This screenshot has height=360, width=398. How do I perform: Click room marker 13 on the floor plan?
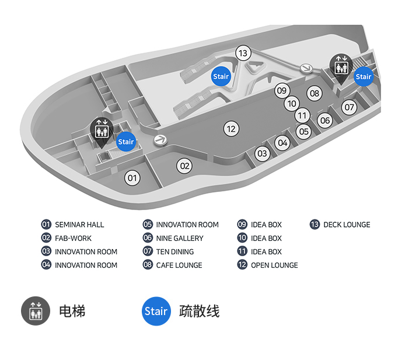pos(243,53)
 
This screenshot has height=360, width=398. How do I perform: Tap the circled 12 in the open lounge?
pos(231,129)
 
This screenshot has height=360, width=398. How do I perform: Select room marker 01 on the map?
pos(132,178)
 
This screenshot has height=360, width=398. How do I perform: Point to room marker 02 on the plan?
pos(184,166)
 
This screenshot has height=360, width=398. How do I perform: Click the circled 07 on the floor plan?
pos(349,107)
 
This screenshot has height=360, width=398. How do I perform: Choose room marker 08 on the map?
pos(315,93)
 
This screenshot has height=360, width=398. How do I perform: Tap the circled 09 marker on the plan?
pos(282,90)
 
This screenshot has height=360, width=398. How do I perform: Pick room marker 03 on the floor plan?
pos(262,153)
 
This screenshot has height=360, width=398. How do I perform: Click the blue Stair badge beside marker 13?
pos(221,76)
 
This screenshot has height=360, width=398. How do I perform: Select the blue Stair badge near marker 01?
pos(126,142)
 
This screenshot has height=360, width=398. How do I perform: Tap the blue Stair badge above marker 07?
pos(364,76)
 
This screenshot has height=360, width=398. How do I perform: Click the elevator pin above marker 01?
pos(102,132)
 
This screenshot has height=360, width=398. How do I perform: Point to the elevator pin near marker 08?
pos(341,68)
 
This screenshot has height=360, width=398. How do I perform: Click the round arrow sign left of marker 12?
pos(160,140)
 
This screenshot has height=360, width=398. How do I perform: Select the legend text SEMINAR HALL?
pos(79,225)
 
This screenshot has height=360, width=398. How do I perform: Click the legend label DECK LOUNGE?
pos(347,225)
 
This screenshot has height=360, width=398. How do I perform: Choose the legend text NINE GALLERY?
pos(180,238)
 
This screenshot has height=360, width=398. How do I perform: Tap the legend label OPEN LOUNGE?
pos(274,265)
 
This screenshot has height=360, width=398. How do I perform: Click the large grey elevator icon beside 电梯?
pos(36,311)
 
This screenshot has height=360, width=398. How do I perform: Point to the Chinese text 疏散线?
pos(199,312)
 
